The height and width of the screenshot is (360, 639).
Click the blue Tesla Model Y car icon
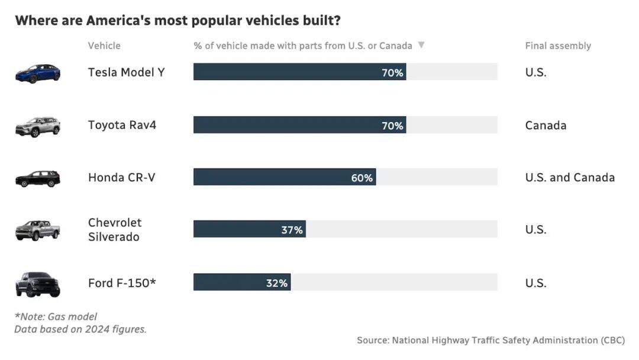(x=38, y=73)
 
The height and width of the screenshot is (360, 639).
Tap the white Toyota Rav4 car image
(x=38, y=126)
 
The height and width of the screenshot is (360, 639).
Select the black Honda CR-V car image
(x=38, y=178)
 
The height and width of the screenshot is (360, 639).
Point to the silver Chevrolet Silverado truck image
(x=38, y=230)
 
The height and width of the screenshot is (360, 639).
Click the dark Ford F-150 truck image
(x=38, y=284)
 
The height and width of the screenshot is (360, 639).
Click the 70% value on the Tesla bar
(x=392, y=73)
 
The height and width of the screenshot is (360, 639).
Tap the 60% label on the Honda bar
(x=362, y=178)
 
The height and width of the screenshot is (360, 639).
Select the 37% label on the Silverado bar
(x=292, y=230)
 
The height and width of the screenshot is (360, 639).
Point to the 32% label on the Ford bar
(x=277, y=283)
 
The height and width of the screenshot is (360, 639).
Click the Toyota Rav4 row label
(x=122, y=125)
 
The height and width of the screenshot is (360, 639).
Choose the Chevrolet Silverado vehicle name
(x=115, y=230)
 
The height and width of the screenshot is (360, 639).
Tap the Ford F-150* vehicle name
(x=122, y=282)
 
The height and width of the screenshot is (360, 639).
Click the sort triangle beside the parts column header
(x=421, y=45)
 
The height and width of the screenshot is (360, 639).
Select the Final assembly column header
(x=558, y=46)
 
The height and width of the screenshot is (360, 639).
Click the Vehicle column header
(x=104, y=46)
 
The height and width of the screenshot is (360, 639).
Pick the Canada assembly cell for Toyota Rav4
(x=546, y=125)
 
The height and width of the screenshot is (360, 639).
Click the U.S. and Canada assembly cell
(x=570, y=178)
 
